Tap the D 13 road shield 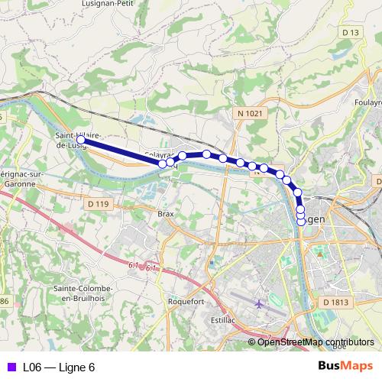(351, 32)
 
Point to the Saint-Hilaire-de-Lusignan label (75, 140)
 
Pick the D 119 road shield (99, 204)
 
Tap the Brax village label (167, 215)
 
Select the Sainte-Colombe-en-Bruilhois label (83, 293)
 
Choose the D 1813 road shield (335, 303)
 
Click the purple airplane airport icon (259, 304)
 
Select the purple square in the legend (11, 367)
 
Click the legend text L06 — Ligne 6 (59, 367)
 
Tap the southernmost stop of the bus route (300, 222)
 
